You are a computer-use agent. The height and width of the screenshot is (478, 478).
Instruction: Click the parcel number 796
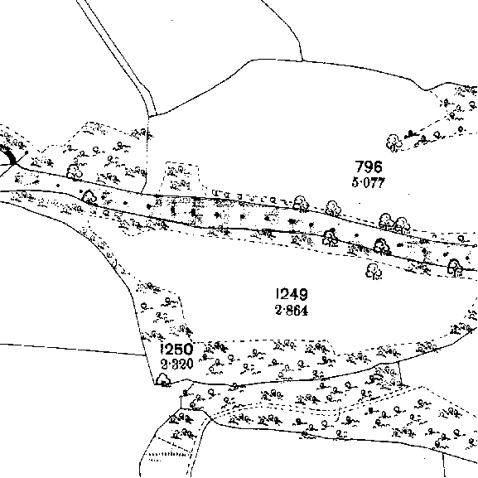pyautogui.click(x=369, y=167)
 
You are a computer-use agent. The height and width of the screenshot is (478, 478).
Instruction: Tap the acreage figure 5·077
pyautogui.click(x=369, y=183)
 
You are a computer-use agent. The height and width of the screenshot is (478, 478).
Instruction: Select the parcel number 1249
pyautogui.click(x=292, y=294)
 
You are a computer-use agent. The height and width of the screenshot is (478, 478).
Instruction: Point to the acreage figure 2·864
pyautogui.click(x=292, y=311)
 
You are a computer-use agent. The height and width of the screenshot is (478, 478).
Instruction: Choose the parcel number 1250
pyautogui.click(x=177, y=350)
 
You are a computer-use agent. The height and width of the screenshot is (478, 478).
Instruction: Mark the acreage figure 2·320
pyautogui.click(x=177, y=364)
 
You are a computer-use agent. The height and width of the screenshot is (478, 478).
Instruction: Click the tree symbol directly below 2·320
pyautogui.click(x=163, y=380)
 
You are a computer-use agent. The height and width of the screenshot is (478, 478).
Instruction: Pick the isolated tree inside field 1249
pyautogui.click(x=374, y=272)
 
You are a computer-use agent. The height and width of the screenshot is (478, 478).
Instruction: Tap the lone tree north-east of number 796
pyautogui.click(x=394, y=142)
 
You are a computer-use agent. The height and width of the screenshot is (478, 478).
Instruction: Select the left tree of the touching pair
pyautogui.click(x=386, y=222)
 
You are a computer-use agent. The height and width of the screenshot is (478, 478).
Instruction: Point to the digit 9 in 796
pyautogui.click(x=369, y=167)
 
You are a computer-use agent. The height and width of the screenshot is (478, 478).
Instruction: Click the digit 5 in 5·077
pyautogui.click(x=355, y=183)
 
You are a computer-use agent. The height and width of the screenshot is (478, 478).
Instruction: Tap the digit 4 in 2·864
pyautogui.click(x=304, y=311)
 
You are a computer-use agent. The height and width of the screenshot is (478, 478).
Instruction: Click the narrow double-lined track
pyautogui.click(x=117, y=56)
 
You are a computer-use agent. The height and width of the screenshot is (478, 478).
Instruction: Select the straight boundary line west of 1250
pyautogui.click(x=72, y=350)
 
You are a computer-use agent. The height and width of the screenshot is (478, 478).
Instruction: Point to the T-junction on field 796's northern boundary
pyautogui.click(x=302, y=60)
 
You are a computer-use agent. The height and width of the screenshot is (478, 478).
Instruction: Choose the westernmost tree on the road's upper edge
pyautogui.click(x=75, y=172)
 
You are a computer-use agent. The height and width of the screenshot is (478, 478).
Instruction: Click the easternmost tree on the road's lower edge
pyautogui.click(x=455, y=268)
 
